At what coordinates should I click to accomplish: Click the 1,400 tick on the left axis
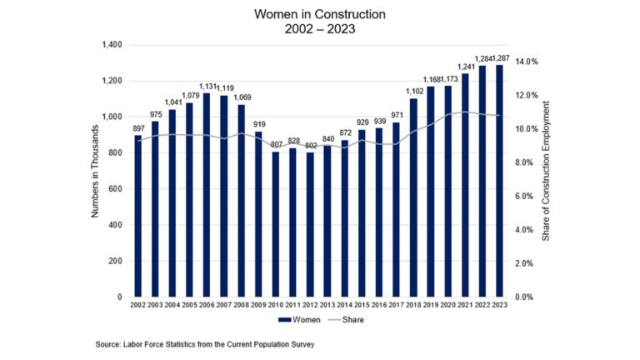111,45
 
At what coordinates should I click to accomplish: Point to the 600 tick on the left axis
115,189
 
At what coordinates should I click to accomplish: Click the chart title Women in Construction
320,14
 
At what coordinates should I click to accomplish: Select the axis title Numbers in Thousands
95,170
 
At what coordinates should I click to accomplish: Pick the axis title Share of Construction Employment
547,170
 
